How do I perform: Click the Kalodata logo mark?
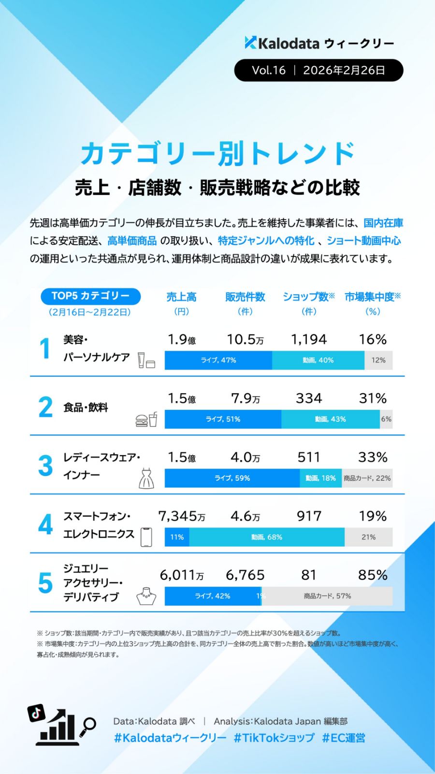pyautogui.click(x=250, y=43)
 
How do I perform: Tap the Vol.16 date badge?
pyautogui.click(x=319, y=70)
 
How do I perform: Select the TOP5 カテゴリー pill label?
pyautogui.click(x=90, y=296)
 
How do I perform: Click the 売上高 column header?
pyautogui.click(x=181, y=297)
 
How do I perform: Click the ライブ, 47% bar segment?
pyautogui.click(x=218, y=360)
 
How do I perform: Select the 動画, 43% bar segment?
pyautogui.click(x=330, y=419)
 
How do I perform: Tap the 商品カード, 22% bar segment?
pyautogui.click(x=367, y=478)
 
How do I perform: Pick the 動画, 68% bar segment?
pyautogui.click(x=267, y=537)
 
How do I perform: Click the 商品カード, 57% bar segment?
pyautogui.click(x=327, y=596)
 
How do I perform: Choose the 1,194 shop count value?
pyautogui.click(x=309, y=340)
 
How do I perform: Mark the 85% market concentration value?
pyautogui.click(x=373, y=575)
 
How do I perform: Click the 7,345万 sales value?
pyautogui.click(x=182, y=517)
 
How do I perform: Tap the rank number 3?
pyautogui.click(x=45, y=466)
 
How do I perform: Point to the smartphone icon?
pyautogui.click(x=146, y=537)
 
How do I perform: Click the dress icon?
pyautogui.click(x=146, y=478)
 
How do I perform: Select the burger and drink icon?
pyautogui.click(x=146, y=419)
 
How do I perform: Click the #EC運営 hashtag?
pyautogui.click(x=344, y=738)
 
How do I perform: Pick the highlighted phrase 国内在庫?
pyautogui.click(x=383, y=223)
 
